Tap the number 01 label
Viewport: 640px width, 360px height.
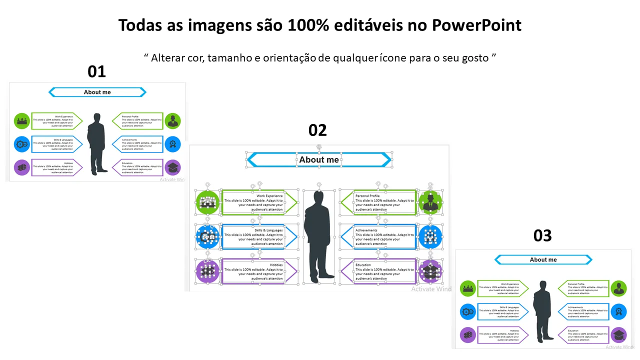[96, 71]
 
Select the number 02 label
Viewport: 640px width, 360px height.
[317, 130]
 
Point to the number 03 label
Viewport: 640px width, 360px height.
[542, 235]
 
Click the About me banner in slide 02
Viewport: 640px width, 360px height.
[319, 160]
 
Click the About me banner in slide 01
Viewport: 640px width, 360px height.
[97, 92]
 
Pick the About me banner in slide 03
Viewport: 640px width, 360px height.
[543, 259]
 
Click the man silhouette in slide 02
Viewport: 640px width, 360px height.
[318, 235]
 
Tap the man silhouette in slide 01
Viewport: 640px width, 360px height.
[96, 143]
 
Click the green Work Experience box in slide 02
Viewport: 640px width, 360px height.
[254, 202]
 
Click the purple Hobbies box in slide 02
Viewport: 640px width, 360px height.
[254, 271]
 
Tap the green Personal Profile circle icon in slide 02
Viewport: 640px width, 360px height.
[430, 202]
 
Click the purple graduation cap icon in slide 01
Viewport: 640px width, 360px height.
[172, 167]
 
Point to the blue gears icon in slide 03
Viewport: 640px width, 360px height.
[468, 311]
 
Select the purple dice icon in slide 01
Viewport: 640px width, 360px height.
[21, 167]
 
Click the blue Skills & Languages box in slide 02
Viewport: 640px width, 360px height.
[254, 236]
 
